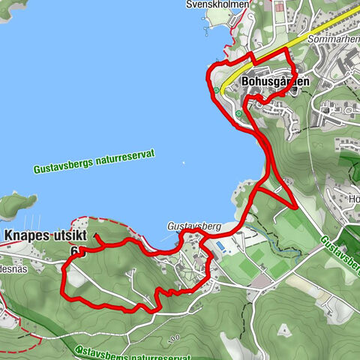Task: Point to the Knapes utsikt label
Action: click(45, 235)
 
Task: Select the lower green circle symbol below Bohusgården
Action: click(238, 114)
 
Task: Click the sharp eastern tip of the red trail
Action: click(297, 207)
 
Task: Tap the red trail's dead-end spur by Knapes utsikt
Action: click(97, 237)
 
